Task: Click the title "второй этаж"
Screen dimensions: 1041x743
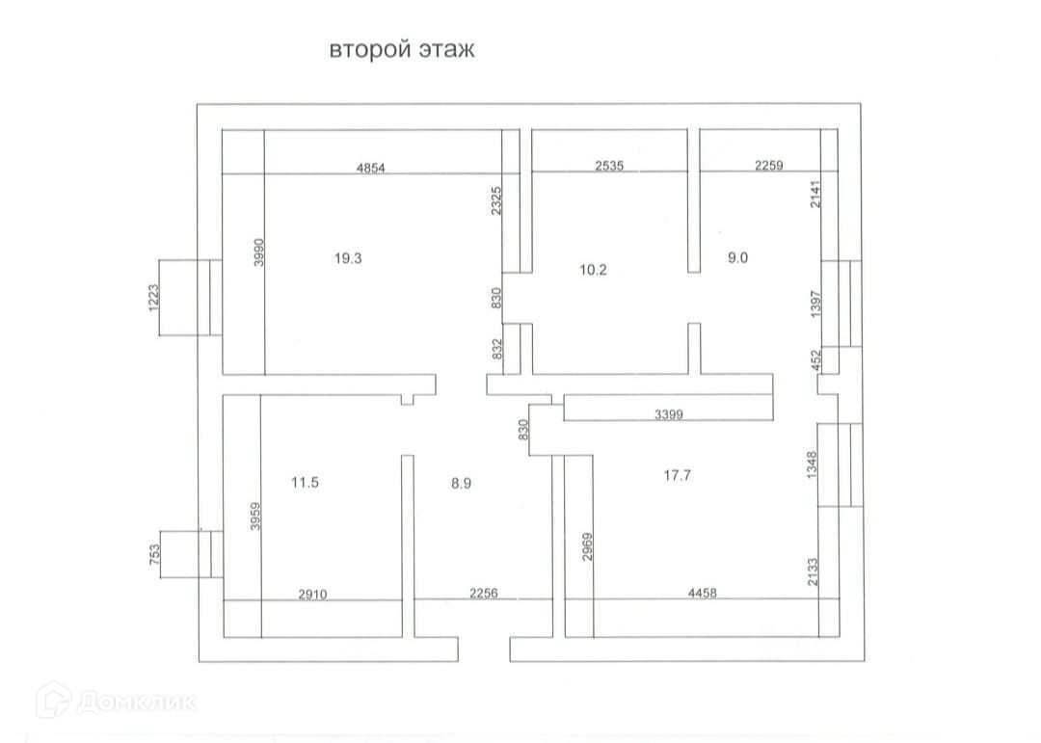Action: tap(402, 50)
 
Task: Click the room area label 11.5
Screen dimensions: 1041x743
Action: tap(305, 483)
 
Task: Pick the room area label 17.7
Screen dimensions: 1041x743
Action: tap(678, 474)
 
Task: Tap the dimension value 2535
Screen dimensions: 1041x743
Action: tap(609, 166)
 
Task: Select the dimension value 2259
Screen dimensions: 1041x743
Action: tap(768, 165)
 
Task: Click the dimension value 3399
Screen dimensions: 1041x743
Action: tap(670, 414)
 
